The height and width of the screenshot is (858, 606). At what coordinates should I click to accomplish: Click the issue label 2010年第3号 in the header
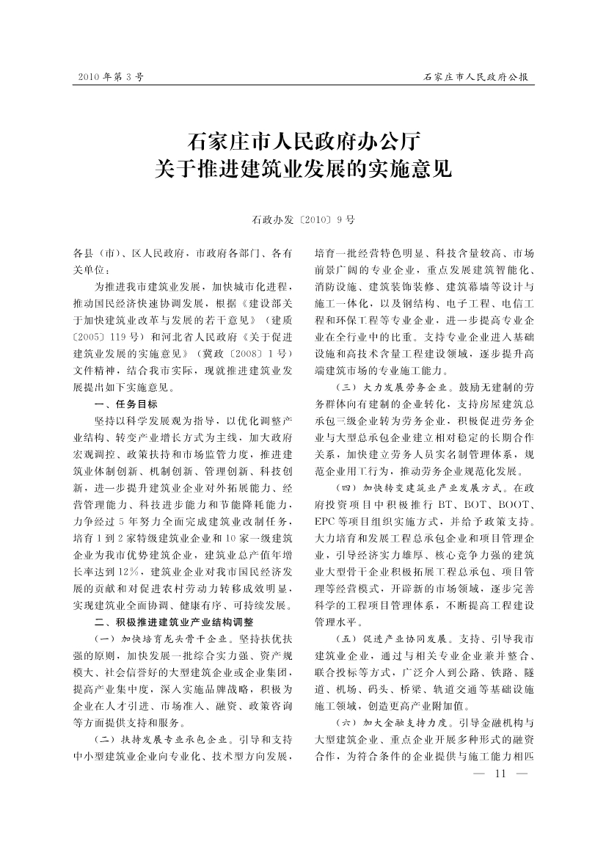(x=106, y=76)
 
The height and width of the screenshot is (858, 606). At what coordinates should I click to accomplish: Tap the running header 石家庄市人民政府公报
(x=476, y=76)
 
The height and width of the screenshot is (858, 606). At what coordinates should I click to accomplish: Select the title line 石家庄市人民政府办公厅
(x=303, y=140)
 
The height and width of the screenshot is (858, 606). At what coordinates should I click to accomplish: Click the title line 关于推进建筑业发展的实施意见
(x=303, y=170)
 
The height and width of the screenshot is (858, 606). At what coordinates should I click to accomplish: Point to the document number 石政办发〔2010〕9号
(x=303, y=219)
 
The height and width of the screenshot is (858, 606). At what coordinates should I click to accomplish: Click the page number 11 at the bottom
(x=502, y=774)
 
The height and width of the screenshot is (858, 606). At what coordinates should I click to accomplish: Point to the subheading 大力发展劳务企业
(x=405, y=386)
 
